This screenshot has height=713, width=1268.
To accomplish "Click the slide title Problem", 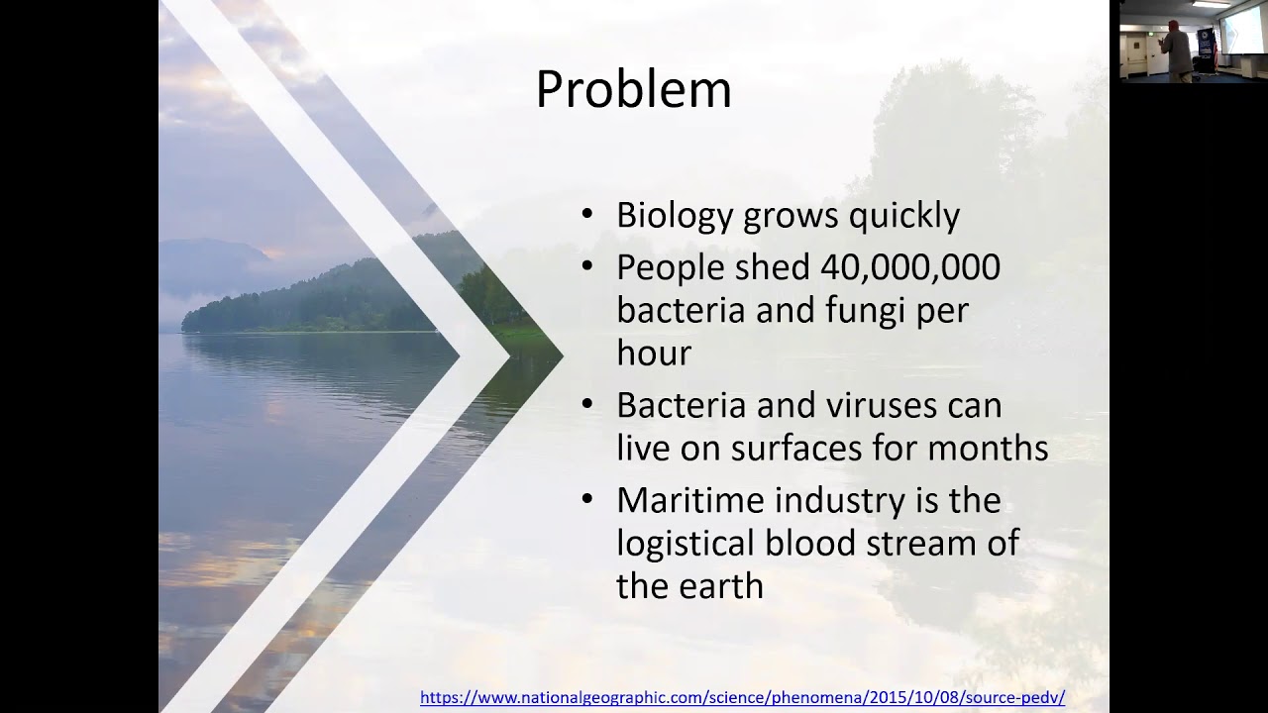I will (633, 90).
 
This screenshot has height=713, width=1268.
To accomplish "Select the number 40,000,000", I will (910, 267).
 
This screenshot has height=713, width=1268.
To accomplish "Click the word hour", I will (654, 353).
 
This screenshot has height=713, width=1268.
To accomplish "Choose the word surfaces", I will (797, 448).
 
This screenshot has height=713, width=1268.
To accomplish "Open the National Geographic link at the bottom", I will (742, 697).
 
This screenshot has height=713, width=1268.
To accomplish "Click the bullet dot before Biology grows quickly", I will (588, 215).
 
